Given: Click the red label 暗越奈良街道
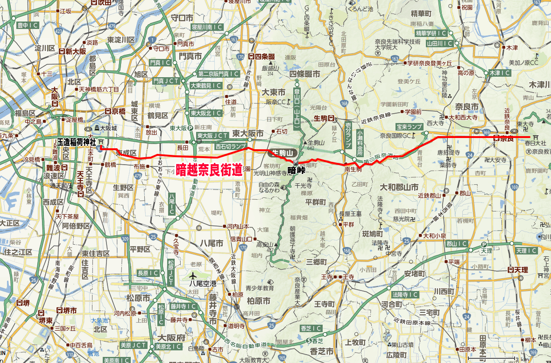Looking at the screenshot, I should click(209, 169).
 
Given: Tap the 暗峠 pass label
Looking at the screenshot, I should click(297, 170).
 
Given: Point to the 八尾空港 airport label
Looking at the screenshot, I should click(203, 283).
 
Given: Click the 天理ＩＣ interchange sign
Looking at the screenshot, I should click(526, 251).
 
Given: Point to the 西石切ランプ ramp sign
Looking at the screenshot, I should click(230, 146).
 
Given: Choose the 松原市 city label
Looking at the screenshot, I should click(137, 298).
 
